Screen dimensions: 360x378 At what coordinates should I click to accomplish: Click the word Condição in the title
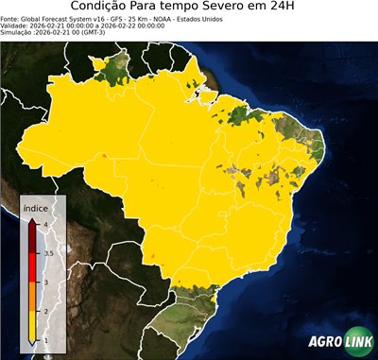coord(101,8)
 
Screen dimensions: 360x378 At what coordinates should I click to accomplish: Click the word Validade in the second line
coord(15,26)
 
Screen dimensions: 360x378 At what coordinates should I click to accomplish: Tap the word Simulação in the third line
coord(18,33)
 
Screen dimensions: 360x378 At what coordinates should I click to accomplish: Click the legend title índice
coord(36,207)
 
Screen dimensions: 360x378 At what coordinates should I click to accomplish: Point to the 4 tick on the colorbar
coord(44,224)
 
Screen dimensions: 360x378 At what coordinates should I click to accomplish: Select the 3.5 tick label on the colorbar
coord(47,253)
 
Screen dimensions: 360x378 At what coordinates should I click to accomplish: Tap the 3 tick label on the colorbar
coord(44,282)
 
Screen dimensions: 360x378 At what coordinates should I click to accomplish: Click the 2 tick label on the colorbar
coord(44,311)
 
